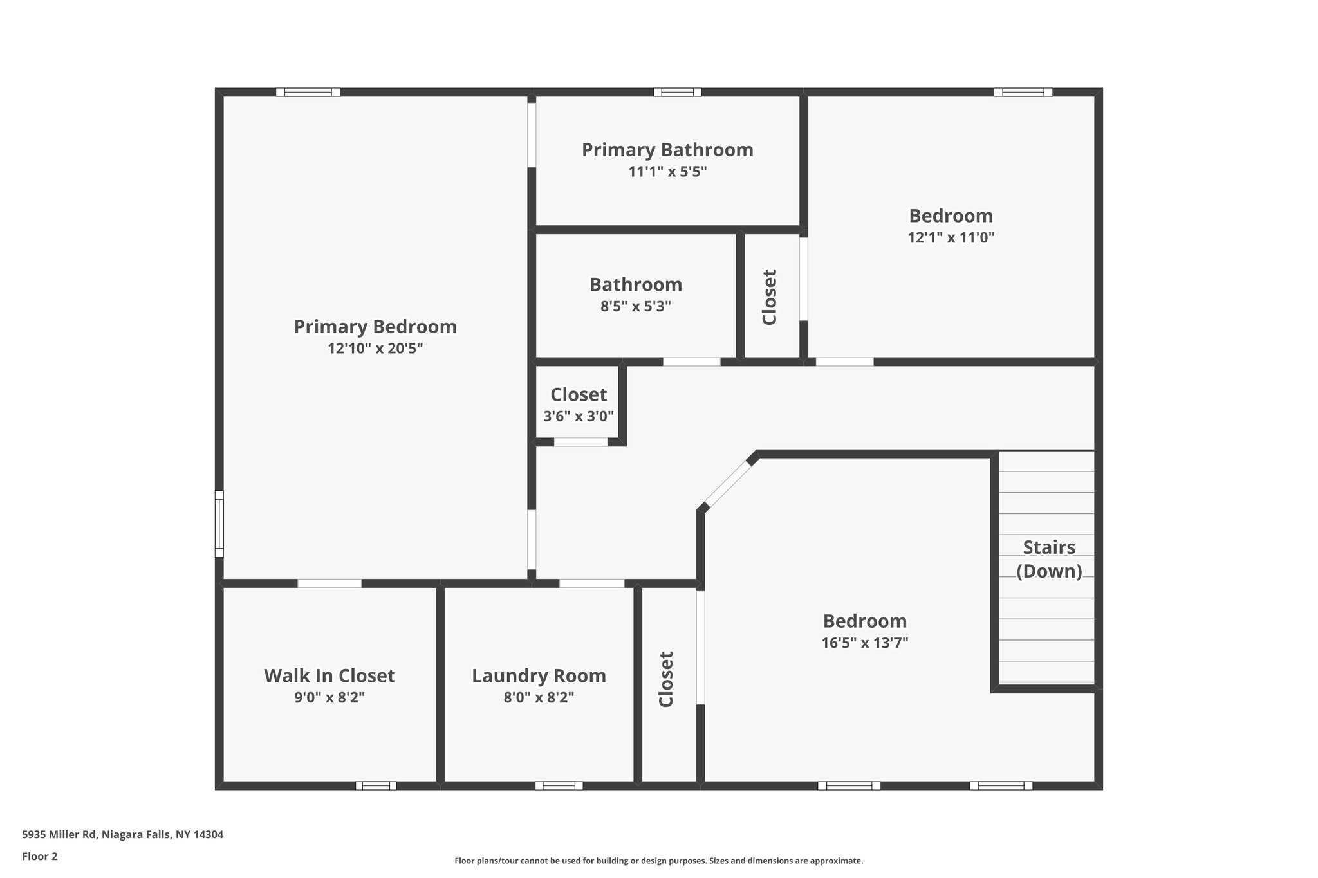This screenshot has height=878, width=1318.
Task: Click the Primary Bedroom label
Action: [x=375, y=327]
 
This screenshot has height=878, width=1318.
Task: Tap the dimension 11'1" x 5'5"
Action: [x=667, y=172]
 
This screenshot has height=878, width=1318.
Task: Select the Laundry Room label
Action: [x=539, y=676]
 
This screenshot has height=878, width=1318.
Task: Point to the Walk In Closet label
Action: [x=329, y=676]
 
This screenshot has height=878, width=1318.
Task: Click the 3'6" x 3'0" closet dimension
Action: [x=579, y=416]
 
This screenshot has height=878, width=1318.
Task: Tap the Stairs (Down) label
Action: [x=1049, y=559]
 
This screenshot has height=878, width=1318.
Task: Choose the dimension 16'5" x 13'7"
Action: [x=864, y=643]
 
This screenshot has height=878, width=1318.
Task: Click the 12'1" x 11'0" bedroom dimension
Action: [x=951, y=237]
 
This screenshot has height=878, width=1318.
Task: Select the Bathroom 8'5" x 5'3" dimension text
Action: [x=635, y=306]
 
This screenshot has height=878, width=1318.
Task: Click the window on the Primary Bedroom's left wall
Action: [x=219, y=524]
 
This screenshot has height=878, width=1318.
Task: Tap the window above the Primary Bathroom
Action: [x=677, y=92]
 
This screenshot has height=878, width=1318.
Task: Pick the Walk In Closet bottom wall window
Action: [x=376, y=785]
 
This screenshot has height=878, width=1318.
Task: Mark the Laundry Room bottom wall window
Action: [x=559, y=785]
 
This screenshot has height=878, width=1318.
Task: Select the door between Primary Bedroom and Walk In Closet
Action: [x=329, y=583]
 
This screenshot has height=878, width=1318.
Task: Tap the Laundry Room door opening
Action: [x=591, y=583]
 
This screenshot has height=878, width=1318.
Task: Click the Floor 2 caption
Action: [x=40, y=856]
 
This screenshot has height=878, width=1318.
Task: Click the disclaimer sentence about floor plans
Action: [x=658, y=861]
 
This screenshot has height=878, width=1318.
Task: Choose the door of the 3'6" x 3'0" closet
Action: [x=580, y=442]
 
